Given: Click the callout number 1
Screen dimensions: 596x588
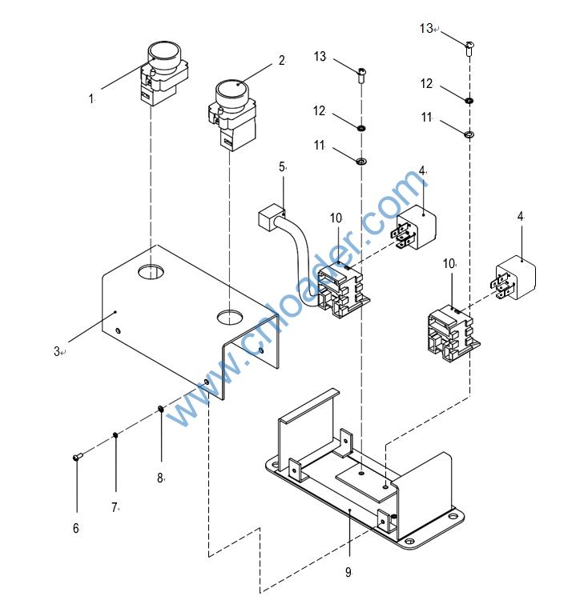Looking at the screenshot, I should pyautogui.click(x=91, y=99).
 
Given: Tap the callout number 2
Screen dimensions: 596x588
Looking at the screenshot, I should pyautogui.click(x=281, y=60).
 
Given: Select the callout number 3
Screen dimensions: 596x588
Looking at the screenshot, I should pyautogui.click(x=57, y=351).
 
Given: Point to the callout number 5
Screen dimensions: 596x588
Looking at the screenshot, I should pyautogui.click(x=281, y=166).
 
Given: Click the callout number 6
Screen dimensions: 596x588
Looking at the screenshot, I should pyautogui.click(x=76, y=528).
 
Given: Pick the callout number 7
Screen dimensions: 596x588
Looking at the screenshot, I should pyautogui.click(x=115, y=507).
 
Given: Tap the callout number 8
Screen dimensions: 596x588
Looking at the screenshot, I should pyautogui.click(x=159, y=478).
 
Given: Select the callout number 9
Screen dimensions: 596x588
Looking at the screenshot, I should pyautogui.click(x=348, y=572).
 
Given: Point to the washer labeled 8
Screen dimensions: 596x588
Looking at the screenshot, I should pyautogui.click(x=161, y=410).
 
